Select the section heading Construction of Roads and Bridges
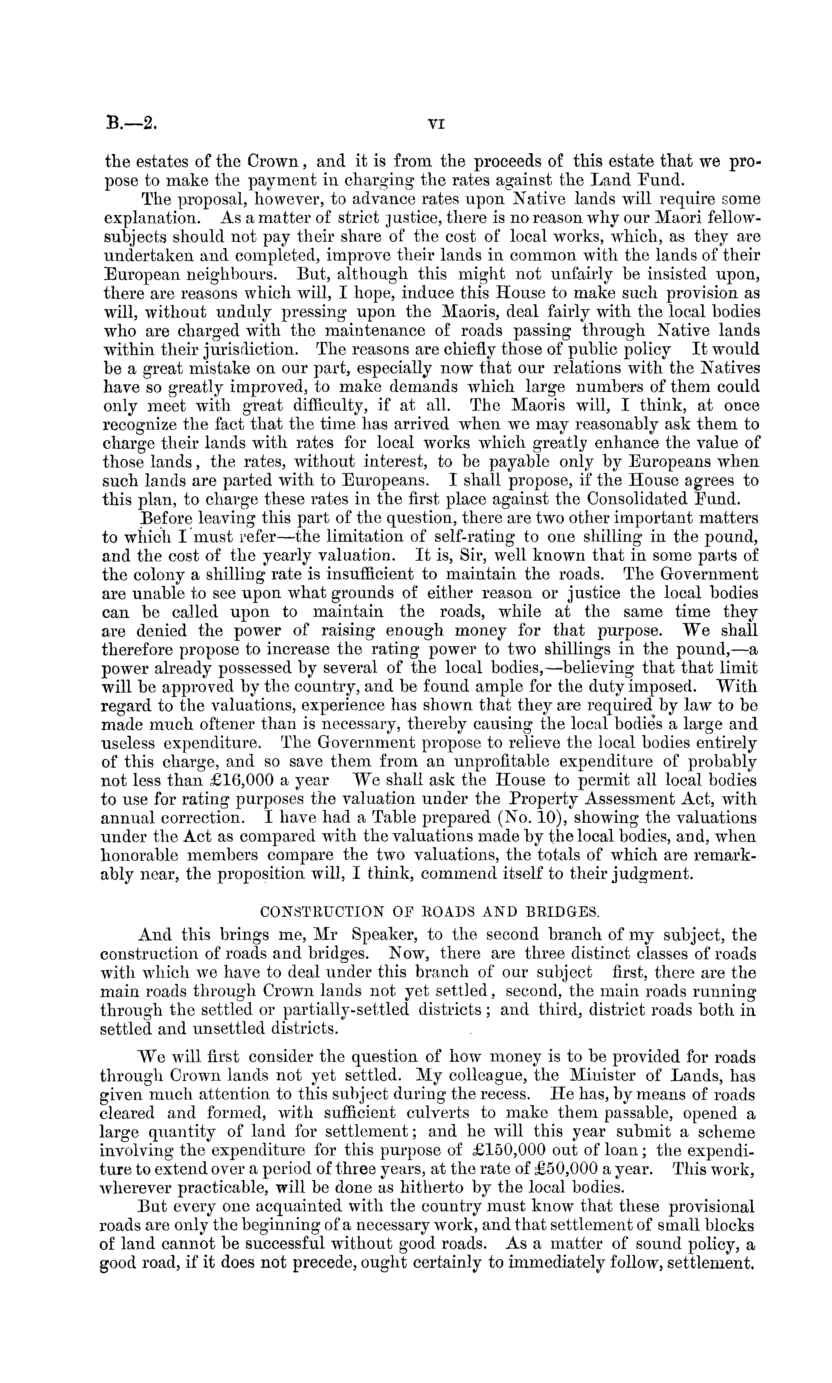pos(430,912)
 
